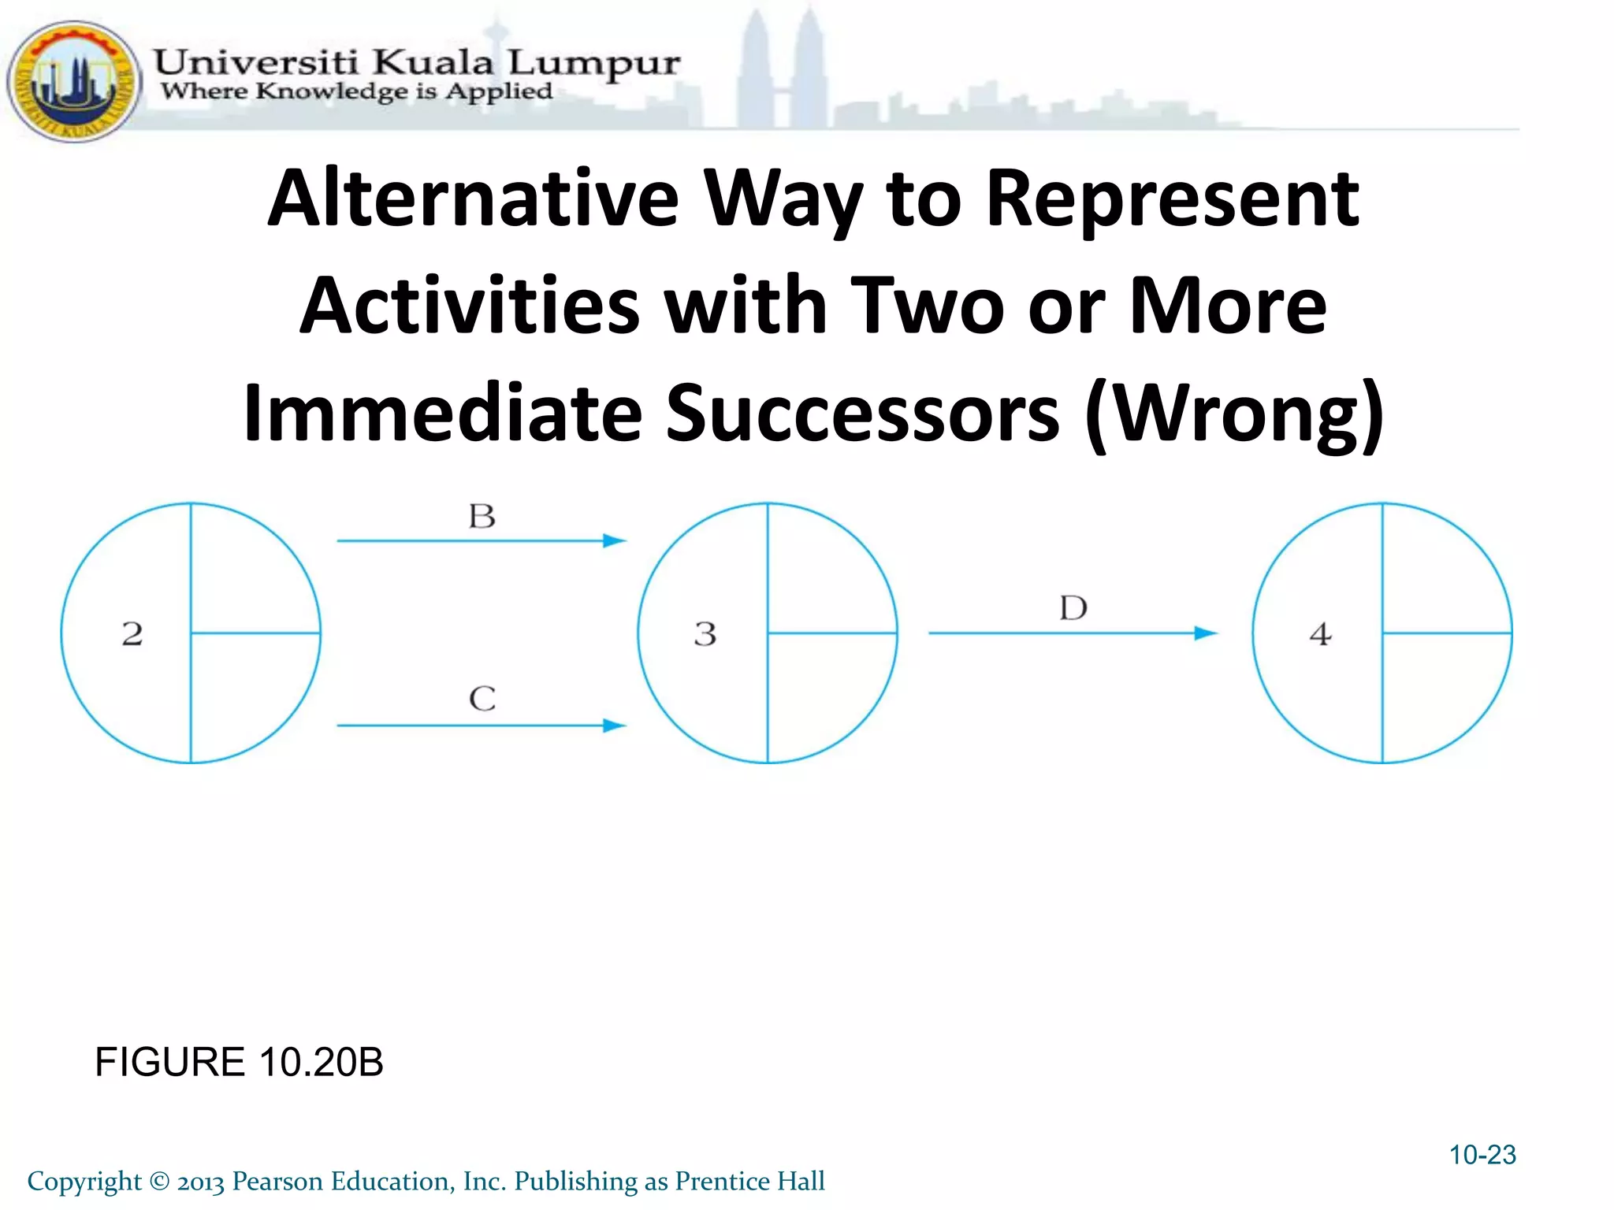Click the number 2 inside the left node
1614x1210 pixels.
click(132, 634)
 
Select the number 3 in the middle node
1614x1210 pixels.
click(705, 634)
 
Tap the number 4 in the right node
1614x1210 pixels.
click(1321, 634)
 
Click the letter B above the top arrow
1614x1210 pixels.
click(482, 517)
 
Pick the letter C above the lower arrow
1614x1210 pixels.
click(482, 699)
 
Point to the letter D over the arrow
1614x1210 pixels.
click(1073, 608)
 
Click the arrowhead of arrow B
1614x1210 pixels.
click(615, 541)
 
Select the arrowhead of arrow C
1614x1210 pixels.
click(615, 726)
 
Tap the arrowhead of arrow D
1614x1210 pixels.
click(1206, 633)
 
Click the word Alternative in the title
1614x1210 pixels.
click(473, 199)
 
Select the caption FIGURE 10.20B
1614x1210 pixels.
click(239, 1062)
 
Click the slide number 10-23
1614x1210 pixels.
click(1482, 1155)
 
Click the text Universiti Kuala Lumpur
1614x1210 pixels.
click(416, 62)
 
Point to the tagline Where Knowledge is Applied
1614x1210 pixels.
click(356, 91)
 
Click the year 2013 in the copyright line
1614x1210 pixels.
click(201, 1182)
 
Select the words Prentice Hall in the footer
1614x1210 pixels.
click(749, 1181)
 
